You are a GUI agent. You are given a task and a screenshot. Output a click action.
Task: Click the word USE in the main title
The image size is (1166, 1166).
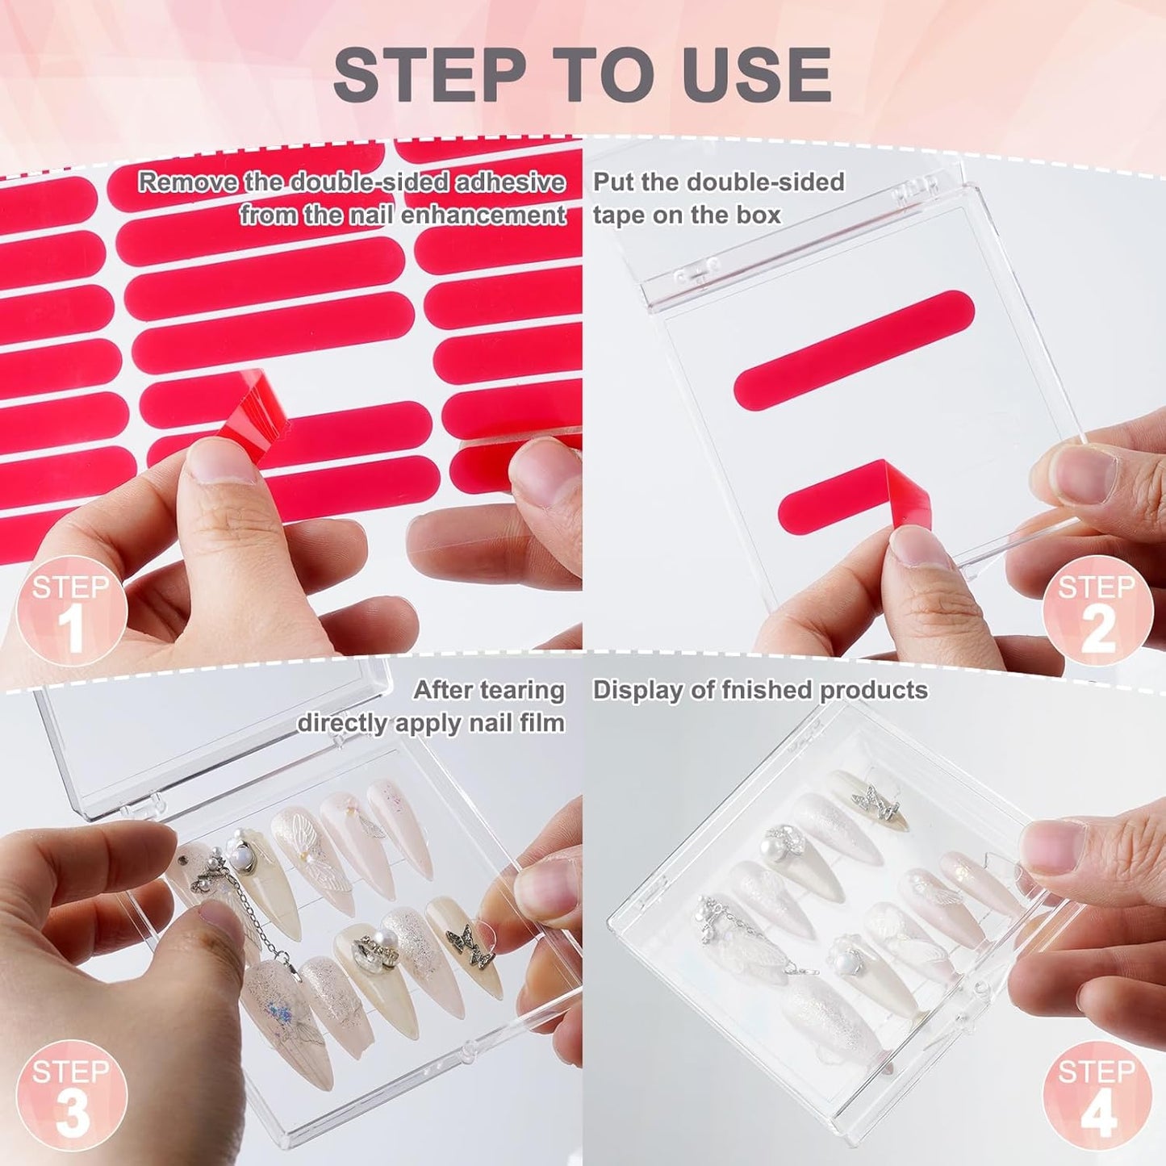(x=756, y=74)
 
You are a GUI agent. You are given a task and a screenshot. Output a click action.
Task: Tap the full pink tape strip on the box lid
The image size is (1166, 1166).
(x=855, y=347)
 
